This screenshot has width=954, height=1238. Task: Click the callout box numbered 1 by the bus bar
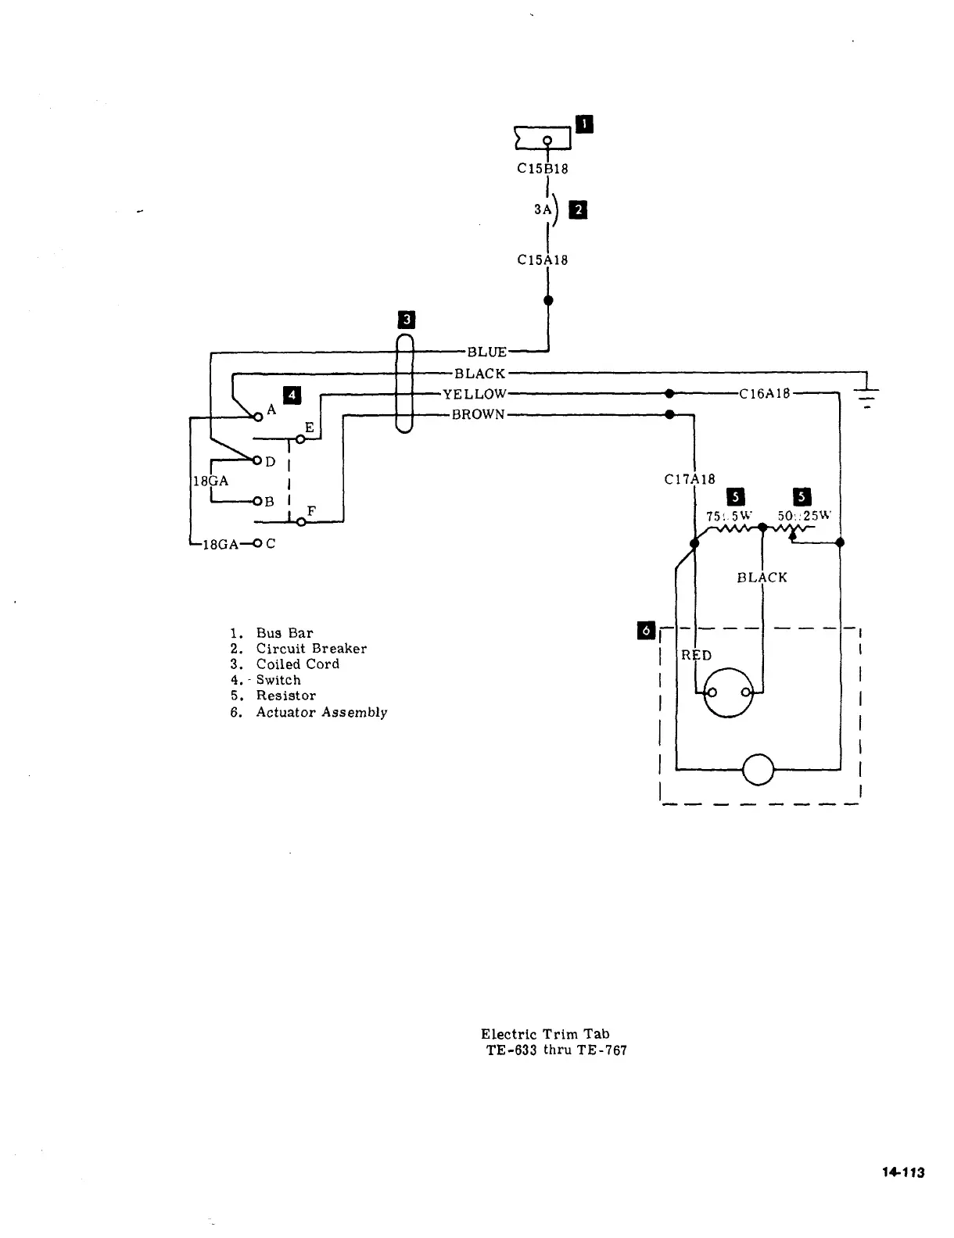[x=584, y=123]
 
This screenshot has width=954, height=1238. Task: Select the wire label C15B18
[x=543, y=168]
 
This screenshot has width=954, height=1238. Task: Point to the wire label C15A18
[x=543, y=259]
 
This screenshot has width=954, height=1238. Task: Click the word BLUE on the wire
[x=486, y=352]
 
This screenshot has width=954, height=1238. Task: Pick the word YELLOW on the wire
[x=475, y=394]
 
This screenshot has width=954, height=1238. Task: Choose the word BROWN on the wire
[x=479, y=414]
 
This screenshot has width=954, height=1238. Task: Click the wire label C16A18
[x=766, y=394]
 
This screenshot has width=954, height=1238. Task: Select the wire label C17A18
[x=690, y=479]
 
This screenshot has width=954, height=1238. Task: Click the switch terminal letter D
[x=271, y=462]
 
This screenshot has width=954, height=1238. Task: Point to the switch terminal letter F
[x=311, y=511]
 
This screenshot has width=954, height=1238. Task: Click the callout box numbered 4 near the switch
[x=292, y=395]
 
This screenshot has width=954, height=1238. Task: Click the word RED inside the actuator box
[x=696, y=655]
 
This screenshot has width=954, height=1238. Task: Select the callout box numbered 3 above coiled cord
[x=407, y=319]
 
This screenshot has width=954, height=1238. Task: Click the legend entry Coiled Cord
[x=297, y=664]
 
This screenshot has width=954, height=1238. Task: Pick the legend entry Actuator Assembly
[x=321, y=712]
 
